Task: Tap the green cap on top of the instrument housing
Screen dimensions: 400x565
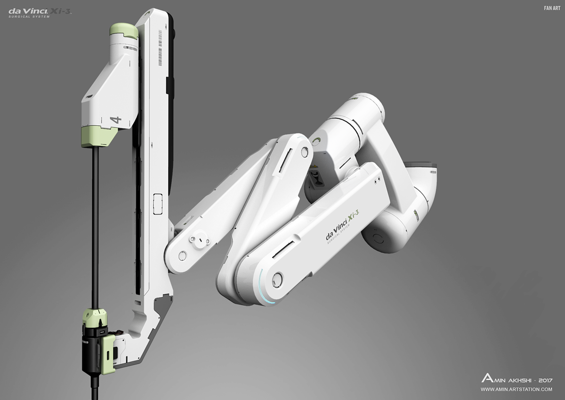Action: click(x=124, y=31)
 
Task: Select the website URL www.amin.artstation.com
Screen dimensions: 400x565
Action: click(x=516, y=389)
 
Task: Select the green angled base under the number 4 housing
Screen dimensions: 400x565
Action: click(x=99, y=137)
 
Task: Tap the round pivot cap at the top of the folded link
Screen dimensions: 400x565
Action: click(x=305, y=152)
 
